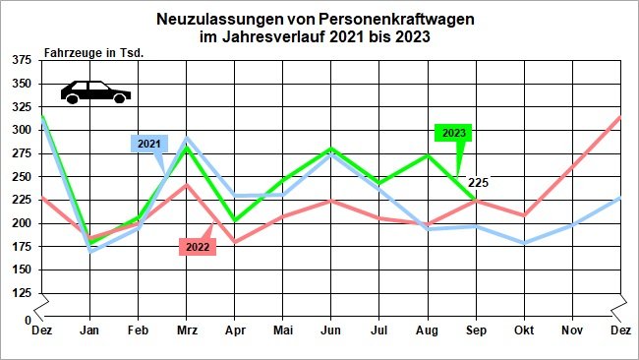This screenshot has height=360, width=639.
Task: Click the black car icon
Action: [x=95, y=91]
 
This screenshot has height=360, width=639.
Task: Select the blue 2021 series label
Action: [x=148, y=144]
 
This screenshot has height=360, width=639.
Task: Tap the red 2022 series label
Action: [x=198, y=247]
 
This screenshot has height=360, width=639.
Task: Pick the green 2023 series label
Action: [x=454, y=133]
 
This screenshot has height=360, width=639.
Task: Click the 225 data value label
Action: [x=479, y=182]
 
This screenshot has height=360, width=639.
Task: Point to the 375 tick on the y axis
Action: [x=20, y=60]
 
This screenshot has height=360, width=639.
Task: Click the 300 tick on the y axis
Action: [x=20, y=130]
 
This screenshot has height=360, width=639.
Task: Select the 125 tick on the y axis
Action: [x=20, y=293]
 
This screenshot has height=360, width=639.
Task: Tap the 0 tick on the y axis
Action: [x=27, y=321]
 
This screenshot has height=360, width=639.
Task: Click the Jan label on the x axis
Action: [x=90, y=331]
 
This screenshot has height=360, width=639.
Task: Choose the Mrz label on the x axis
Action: [x=186, y=331]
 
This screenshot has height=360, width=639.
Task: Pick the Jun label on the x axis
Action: [x=330, y=331]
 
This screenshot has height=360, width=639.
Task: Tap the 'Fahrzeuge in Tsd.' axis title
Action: [x=93, y=52]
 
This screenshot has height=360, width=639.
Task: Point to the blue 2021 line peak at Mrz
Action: [x=187, y=139]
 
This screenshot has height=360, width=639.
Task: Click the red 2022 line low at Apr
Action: [x=235, y=242]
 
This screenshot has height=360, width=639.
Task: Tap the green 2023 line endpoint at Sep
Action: [x=475, y=201]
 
